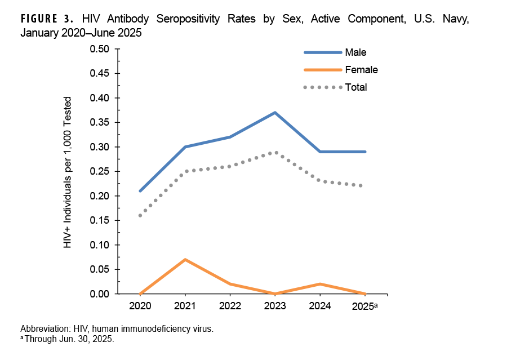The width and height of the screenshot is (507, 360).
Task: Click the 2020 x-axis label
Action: pos(140,306)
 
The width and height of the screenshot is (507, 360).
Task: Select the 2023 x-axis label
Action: pos(275,306)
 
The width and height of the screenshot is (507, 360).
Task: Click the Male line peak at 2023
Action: pos(275,113)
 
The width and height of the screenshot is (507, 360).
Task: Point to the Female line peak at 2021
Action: pos(185,260)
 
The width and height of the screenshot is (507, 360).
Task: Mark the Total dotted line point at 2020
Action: pos(140,215)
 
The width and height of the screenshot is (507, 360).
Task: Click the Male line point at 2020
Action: pos(140,191)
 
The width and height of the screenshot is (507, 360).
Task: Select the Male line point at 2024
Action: pos(320,152)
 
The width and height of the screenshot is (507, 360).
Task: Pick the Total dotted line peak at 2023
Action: pos(275,152)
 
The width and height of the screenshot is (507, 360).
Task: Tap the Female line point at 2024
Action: pos(320,284)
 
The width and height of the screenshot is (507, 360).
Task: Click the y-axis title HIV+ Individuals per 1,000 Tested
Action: pos(68,171)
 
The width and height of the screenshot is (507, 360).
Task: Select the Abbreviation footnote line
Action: pos(117,328)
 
